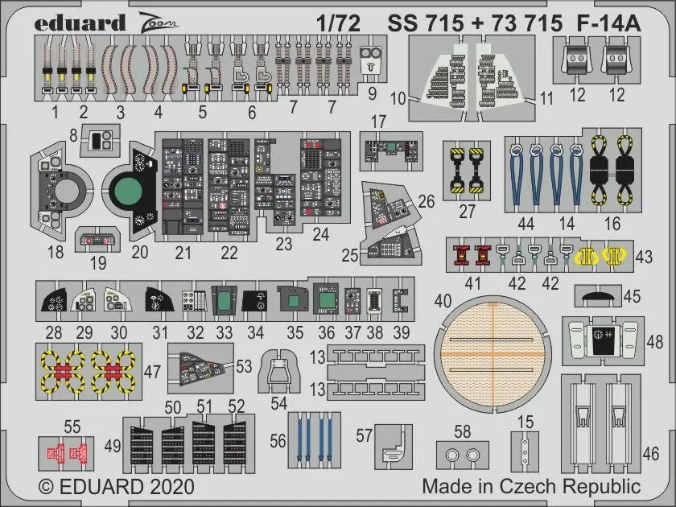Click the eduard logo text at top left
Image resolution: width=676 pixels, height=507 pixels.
pyautogui.click(x=80, y=23)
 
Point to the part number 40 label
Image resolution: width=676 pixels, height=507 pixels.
pyautogui.click(x=443, y=301)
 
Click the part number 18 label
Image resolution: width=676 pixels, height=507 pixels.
pyautogui.click(x=56, y=253)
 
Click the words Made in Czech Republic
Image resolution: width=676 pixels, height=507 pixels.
pyautogui.click(x=531, y=486)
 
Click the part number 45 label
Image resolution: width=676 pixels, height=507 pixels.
pyautogui.click(x=633, y=296)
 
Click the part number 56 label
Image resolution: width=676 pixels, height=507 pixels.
pyautogui.click(x=278, y=441)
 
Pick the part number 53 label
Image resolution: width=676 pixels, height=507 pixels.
pyautogui.click(x=245, y=365)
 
